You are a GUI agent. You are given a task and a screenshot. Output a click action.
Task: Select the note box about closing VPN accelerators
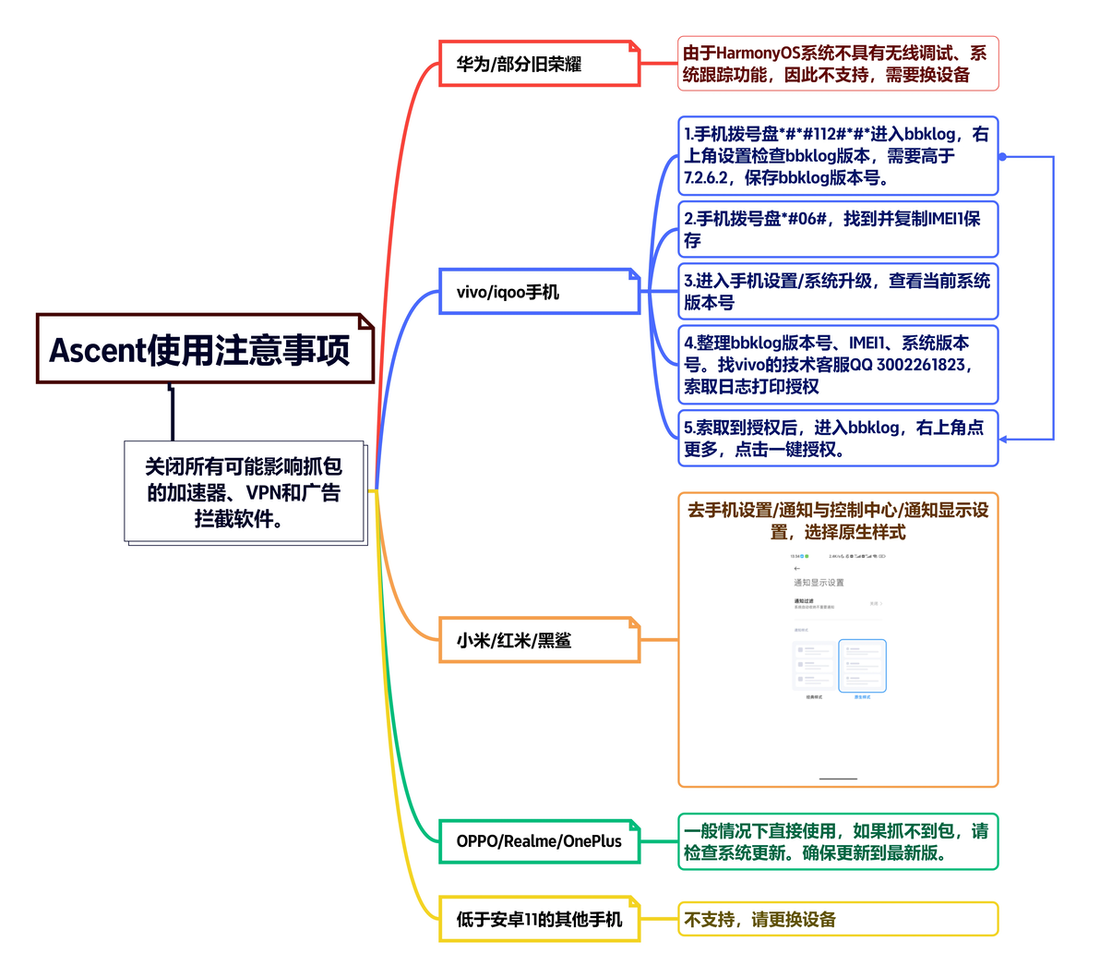point(245,492)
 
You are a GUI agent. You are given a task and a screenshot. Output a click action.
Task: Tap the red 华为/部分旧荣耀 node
point(539,64)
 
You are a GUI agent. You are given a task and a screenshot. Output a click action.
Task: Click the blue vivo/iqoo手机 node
point(539,292)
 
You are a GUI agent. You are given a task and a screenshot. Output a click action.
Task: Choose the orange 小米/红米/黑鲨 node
point(539,640)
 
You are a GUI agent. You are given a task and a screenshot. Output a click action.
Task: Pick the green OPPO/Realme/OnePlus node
point(539,840)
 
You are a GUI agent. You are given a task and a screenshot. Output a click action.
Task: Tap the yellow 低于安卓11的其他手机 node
point(539,919)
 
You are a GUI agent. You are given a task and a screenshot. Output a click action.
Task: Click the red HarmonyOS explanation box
point(838,64)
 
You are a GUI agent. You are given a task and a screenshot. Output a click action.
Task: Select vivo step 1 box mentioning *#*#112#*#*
point(838,155)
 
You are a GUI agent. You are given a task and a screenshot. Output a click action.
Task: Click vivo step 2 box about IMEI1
point(838,229)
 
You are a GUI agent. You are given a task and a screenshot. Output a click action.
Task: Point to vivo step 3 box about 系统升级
point(838,291)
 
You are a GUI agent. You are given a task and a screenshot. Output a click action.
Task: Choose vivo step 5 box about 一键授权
point(838,438)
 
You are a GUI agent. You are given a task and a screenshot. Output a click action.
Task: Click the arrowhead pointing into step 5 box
point(1004,439)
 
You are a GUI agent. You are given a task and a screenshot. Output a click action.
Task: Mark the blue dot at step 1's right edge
point(1002,157)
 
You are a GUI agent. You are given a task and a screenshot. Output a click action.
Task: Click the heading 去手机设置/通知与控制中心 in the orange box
point(838,520)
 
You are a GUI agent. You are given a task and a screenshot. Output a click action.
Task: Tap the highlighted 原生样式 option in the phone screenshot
point(862,667)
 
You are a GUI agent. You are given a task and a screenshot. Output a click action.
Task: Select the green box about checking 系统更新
point(838,841)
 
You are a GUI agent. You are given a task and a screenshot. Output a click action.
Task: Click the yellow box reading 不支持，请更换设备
point(838,919)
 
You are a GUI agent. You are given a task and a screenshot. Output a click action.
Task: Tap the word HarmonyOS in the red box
point(759,54)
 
